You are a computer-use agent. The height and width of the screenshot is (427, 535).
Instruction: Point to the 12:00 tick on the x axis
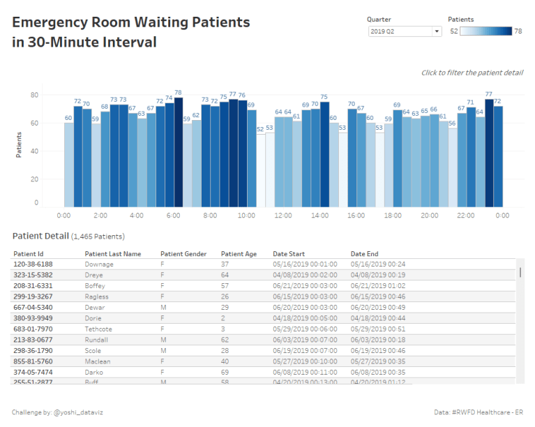(283, 216)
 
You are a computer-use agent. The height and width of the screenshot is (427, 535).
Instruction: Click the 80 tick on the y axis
(34, 95)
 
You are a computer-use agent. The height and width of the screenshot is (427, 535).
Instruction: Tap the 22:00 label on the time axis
(466, 216)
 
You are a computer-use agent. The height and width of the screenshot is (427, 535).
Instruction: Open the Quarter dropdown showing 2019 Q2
(405, 31)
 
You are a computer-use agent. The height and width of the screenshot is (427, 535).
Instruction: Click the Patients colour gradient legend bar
(486, 31)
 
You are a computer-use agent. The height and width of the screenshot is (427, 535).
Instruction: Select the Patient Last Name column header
(113, 254)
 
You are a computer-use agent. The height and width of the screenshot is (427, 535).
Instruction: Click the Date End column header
(364, 254)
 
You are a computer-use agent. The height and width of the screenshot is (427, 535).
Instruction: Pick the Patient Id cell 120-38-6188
(33, 264)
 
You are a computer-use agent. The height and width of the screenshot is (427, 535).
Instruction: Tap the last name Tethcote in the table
(98, 329)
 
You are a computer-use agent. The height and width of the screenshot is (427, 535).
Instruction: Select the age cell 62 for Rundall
(225, 339)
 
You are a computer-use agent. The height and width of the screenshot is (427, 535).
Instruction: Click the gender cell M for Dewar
(163, 307)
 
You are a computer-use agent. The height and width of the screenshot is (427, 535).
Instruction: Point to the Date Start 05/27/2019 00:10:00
(305, 361)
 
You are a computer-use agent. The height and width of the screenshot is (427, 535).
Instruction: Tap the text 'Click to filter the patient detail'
(472, 73)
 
